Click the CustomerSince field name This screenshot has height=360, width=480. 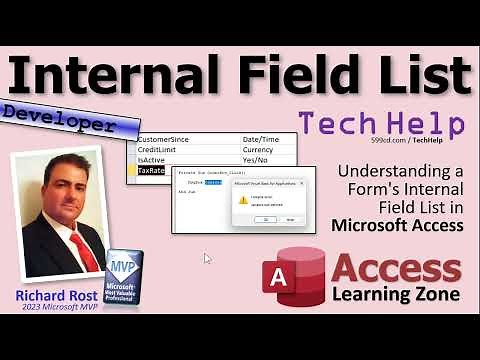point(174,138)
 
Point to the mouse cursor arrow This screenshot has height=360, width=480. point(207,258)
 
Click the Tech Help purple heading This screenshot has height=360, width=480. point(381,124)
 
